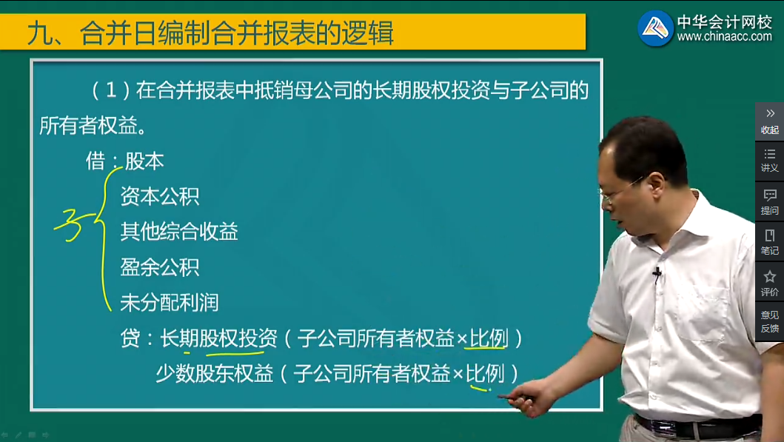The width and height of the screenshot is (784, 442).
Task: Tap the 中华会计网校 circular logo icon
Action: [656, 28]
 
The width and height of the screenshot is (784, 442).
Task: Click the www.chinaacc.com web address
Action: [724, 37]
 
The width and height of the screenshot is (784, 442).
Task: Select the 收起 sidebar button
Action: [769, 121]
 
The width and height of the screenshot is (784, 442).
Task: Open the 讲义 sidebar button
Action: [769, 160]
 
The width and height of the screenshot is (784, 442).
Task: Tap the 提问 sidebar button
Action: [769, 202]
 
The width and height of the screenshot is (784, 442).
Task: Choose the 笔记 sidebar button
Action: [769, 242]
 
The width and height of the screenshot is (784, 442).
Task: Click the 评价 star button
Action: [769, 283]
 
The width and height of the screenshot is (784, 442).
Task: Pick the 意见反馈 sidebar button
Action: [769, 321]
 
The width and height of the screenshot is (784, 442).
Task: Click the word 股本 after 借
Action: [144, 161]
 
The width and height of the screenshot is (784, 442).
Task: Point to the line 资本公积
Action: [159, 197]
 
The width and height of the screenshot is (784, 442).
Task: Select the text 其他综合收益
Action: [179, 232]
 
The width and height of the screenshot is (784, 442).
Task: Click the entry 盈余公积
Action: [159, 267]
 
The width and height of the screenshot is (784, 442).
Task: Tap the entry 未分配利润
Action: [170, 302]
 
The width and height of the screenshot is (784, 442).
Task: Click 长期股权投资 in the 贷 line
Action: [218, 338]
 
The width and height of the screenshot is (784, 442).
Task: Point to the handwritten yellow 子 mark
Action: [73, 221]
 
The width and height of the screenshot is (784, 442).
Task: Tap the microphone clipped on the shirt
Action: [657, 275]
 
